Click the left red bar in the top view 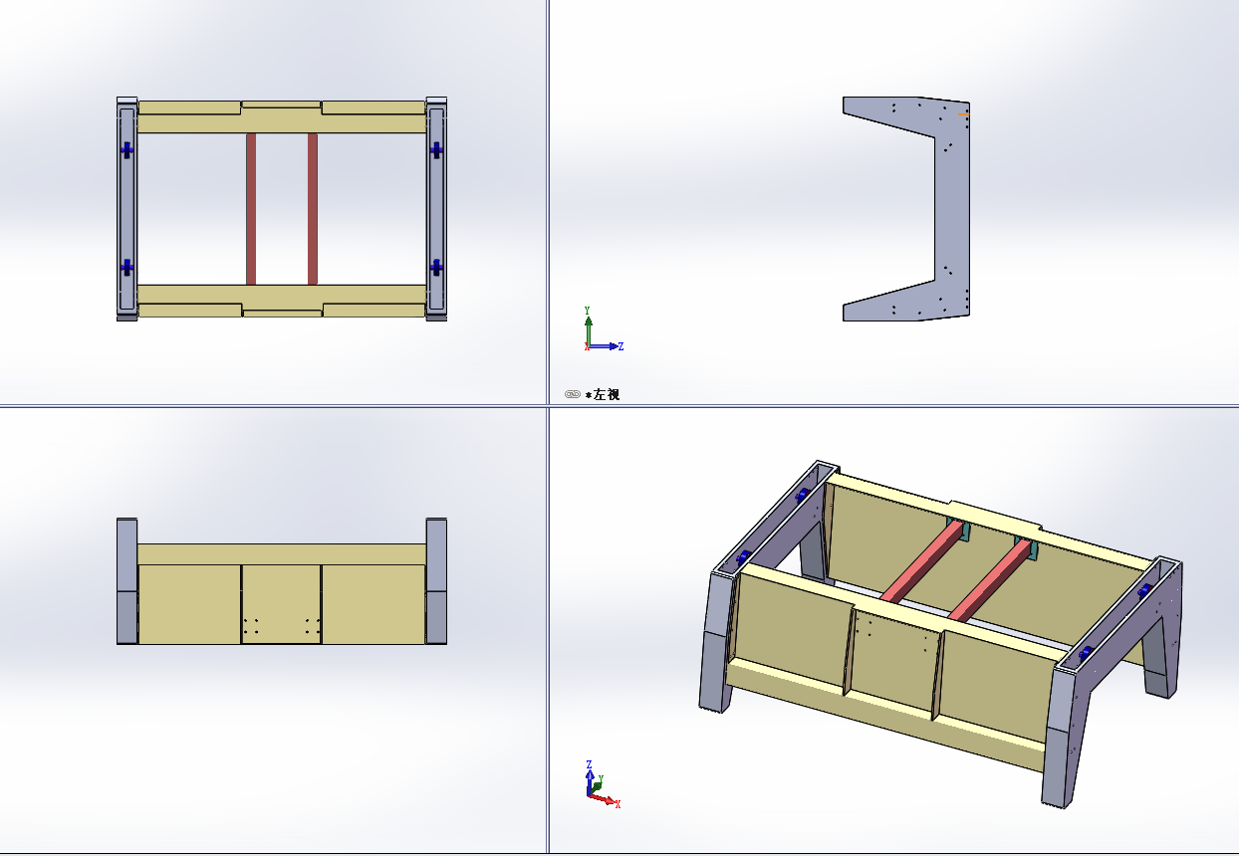(251, 209)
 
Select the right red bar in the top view (313, 209)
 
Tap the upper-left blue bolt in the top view (127, 149)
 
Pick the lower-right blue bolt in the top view (436, 268)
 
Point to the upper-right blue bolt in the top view (436, 149)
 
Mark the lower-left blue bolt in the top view (127, 268)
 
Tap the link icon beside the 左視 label (572, 394)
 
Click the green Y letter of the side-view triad (587, 311)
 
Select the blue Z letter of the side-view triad (621, 346)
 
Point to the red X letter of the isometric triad (618, 804)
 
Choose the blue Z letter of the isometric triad (589, 764)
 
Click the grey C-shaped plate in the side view (952, 209)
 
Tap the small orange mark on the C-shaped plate (963, 114)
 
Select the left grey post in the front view (126, 581)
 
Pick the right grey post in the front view (436, 581)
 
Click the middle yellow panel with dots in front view (281, 604)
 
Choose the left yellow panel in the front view (189, 604)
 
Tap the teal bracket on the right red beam (1028, 548)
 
